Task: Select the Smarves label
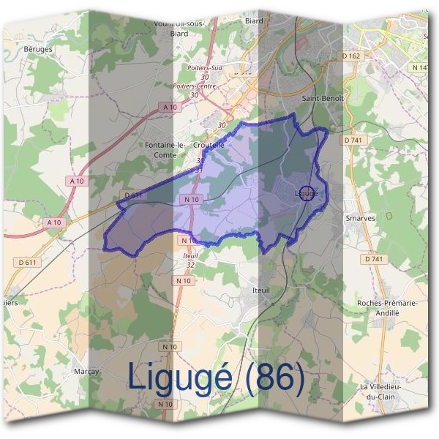click(x=359, y=218)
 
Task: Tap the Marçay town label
click(x=86, y=372)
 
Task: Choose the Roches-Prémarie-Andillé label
click(x=386, y=307)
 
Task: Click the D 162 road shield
click(x=351, y=56)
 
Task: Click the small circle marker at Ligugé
click(x=307, y=193)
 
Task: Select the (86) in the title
click(x=274, y=378)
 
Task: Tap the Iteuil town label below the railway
click(x=261, y=290)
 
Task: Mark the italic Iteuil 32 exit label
click(x=190, y=260)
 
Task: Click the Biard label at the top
click(x=254, y=21)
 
